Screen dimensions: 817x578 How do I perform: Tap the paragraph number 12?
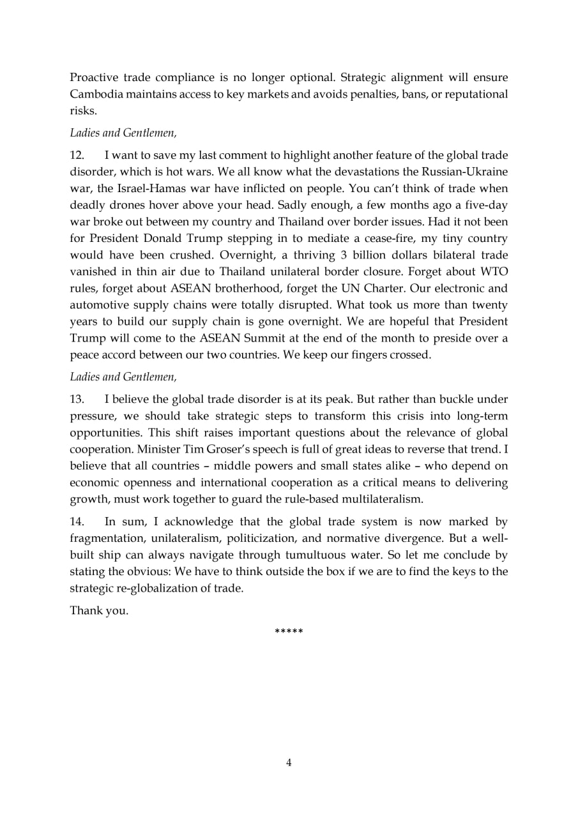click(77, 156)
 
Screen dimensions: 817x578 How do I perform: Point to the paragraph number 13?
click(77, 400)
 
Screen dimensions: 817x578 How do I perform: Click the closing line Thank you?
click(99, 610)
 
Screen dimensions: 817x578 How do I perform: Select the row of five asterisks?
click(289, 631)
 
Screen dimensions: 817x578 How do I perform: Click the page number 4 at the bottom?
click(289, 762)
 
